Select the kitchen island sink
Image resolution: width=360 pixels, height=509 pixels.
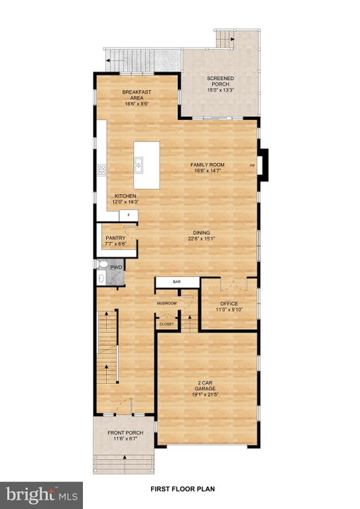139,165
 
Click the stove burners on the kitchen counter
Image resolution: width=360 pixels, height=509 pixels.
102,170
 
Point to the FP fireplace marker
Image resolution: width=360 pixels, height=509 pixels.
252,166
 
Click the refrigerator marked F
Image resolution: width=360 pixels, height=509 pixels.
129,215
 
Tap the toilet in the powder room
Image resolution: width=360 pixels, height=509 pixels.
102,264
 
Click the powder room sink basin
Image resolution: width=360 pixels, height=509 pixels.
101,278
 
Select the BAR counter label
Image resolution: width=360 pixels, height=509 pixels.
176,282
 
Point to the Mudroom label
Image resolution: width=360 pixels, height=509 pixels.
167,303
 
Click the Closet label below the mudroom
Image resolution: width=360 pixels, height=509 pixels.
167,324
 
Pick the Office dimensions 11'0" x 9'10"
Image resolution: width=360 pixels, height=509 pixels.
229,309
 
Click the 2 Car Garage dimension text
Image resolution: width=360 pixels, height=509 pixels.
205,394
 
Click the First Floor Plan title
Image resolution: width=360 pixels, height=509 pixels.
183,489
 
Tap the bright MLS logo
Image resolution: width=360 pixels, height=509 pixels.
41,496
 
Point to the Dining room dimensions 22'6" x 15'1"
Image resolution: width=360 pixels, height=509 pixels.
202,238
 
